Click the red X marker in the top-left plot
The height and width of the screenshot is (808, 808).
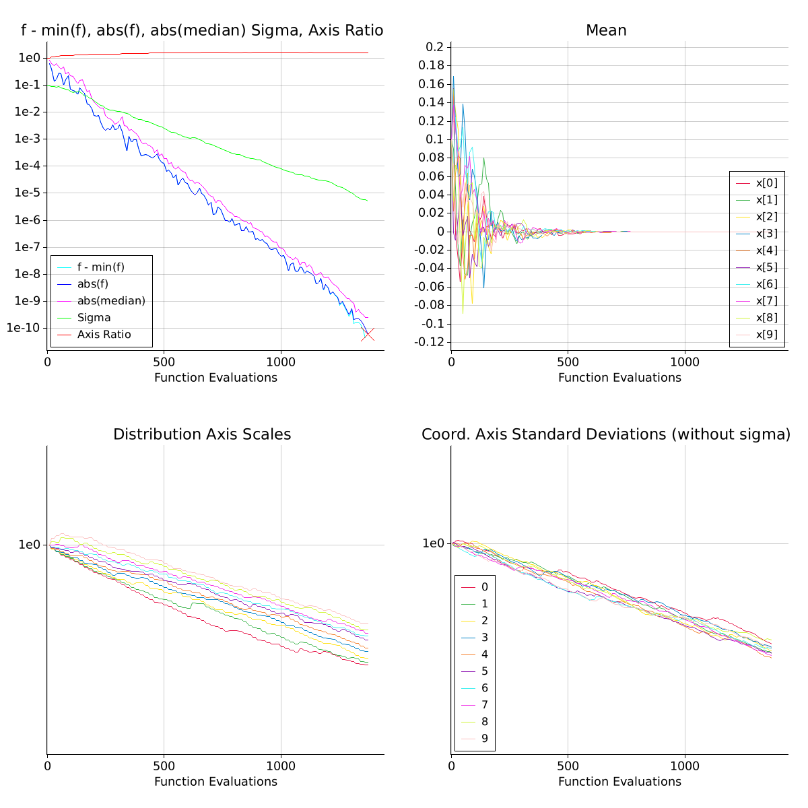[x=368, y=335]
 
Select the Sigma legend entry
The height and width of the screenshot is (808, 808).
[x=94, y=318]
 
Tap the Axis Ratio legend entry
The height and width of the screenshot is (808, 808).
[x=104, y=335]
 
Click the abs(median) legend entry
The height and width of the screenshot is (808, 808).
[x=111, y=301]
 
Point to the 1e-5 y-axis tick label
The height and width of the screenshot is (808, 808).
[x=30, y=193]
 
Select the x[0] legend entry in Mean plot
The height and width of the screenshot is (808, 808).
[x=766, y=183]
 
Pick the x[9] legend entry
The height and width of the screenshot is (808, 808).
[x=766, y=335]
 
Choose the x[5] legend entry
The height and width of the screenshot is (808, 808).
[x=766, y=267]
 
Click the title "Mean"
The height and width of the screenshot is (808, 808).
[x=606, y=30]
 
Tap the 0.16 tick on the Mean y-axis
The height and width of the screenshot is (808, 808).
[x=431, y=84]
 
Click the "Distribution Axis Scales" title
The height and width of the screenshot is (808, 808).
[x=202, y=434]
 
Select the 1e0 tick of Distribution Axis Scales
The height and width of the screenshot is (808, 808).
[x=30, y=544]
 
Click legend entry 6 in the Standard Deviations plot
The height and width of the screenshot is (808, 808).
[x=485, y=688]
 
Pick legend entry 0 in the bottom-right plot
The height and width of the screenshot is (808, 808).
[x=485, y=587]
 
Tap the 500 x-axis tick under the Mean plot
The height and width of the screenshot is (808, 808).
[x=568, y=362]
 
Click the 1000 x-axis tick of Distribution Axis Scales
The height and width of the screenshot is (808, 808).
[x=281, y=766]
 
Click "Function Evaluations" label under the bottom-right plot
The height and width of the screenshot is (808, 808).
[x=619, y=782]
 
